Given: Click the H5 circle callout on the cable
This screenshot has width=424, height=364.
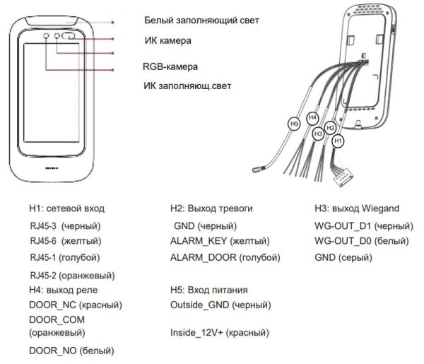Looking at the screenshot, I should pos(295,124).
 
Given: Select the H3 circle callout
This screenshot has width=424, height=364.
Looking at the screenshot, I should pos(318,133).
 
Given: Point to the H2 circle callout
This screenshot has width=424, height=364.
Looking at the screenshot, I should pos(329,127).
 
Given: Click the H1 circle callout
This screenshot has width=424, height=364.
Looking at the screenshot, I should pos(338,141).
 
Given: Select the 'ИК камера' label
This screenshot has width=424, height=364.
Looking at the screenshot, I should pos(167,41).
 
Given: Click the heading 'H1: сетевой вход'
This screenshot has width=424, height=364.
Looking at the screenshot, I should pos(66,209).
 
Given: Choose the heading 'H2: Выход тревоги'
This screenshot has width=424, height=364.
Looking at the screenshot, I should pos(211,209).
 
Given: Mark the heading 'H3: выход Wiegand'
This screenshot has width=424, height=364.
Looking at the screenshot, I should pos(357,209).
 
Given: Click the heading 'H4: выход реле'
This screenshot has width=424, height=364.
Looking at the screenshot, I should pos(63,290).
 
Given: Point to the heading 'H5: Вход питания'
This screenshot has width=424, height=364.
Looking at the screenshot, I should pos(208,290).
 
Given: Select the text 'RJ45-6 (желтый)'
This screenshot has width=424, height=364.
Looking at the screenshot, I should pos(65,242).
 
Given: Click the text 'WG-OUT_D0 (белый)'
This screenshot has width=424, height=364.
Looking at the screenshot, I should pos(360,242).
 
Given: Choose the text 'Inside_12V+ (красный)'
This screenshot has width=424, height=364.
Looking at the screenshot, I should pos(220,332).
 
